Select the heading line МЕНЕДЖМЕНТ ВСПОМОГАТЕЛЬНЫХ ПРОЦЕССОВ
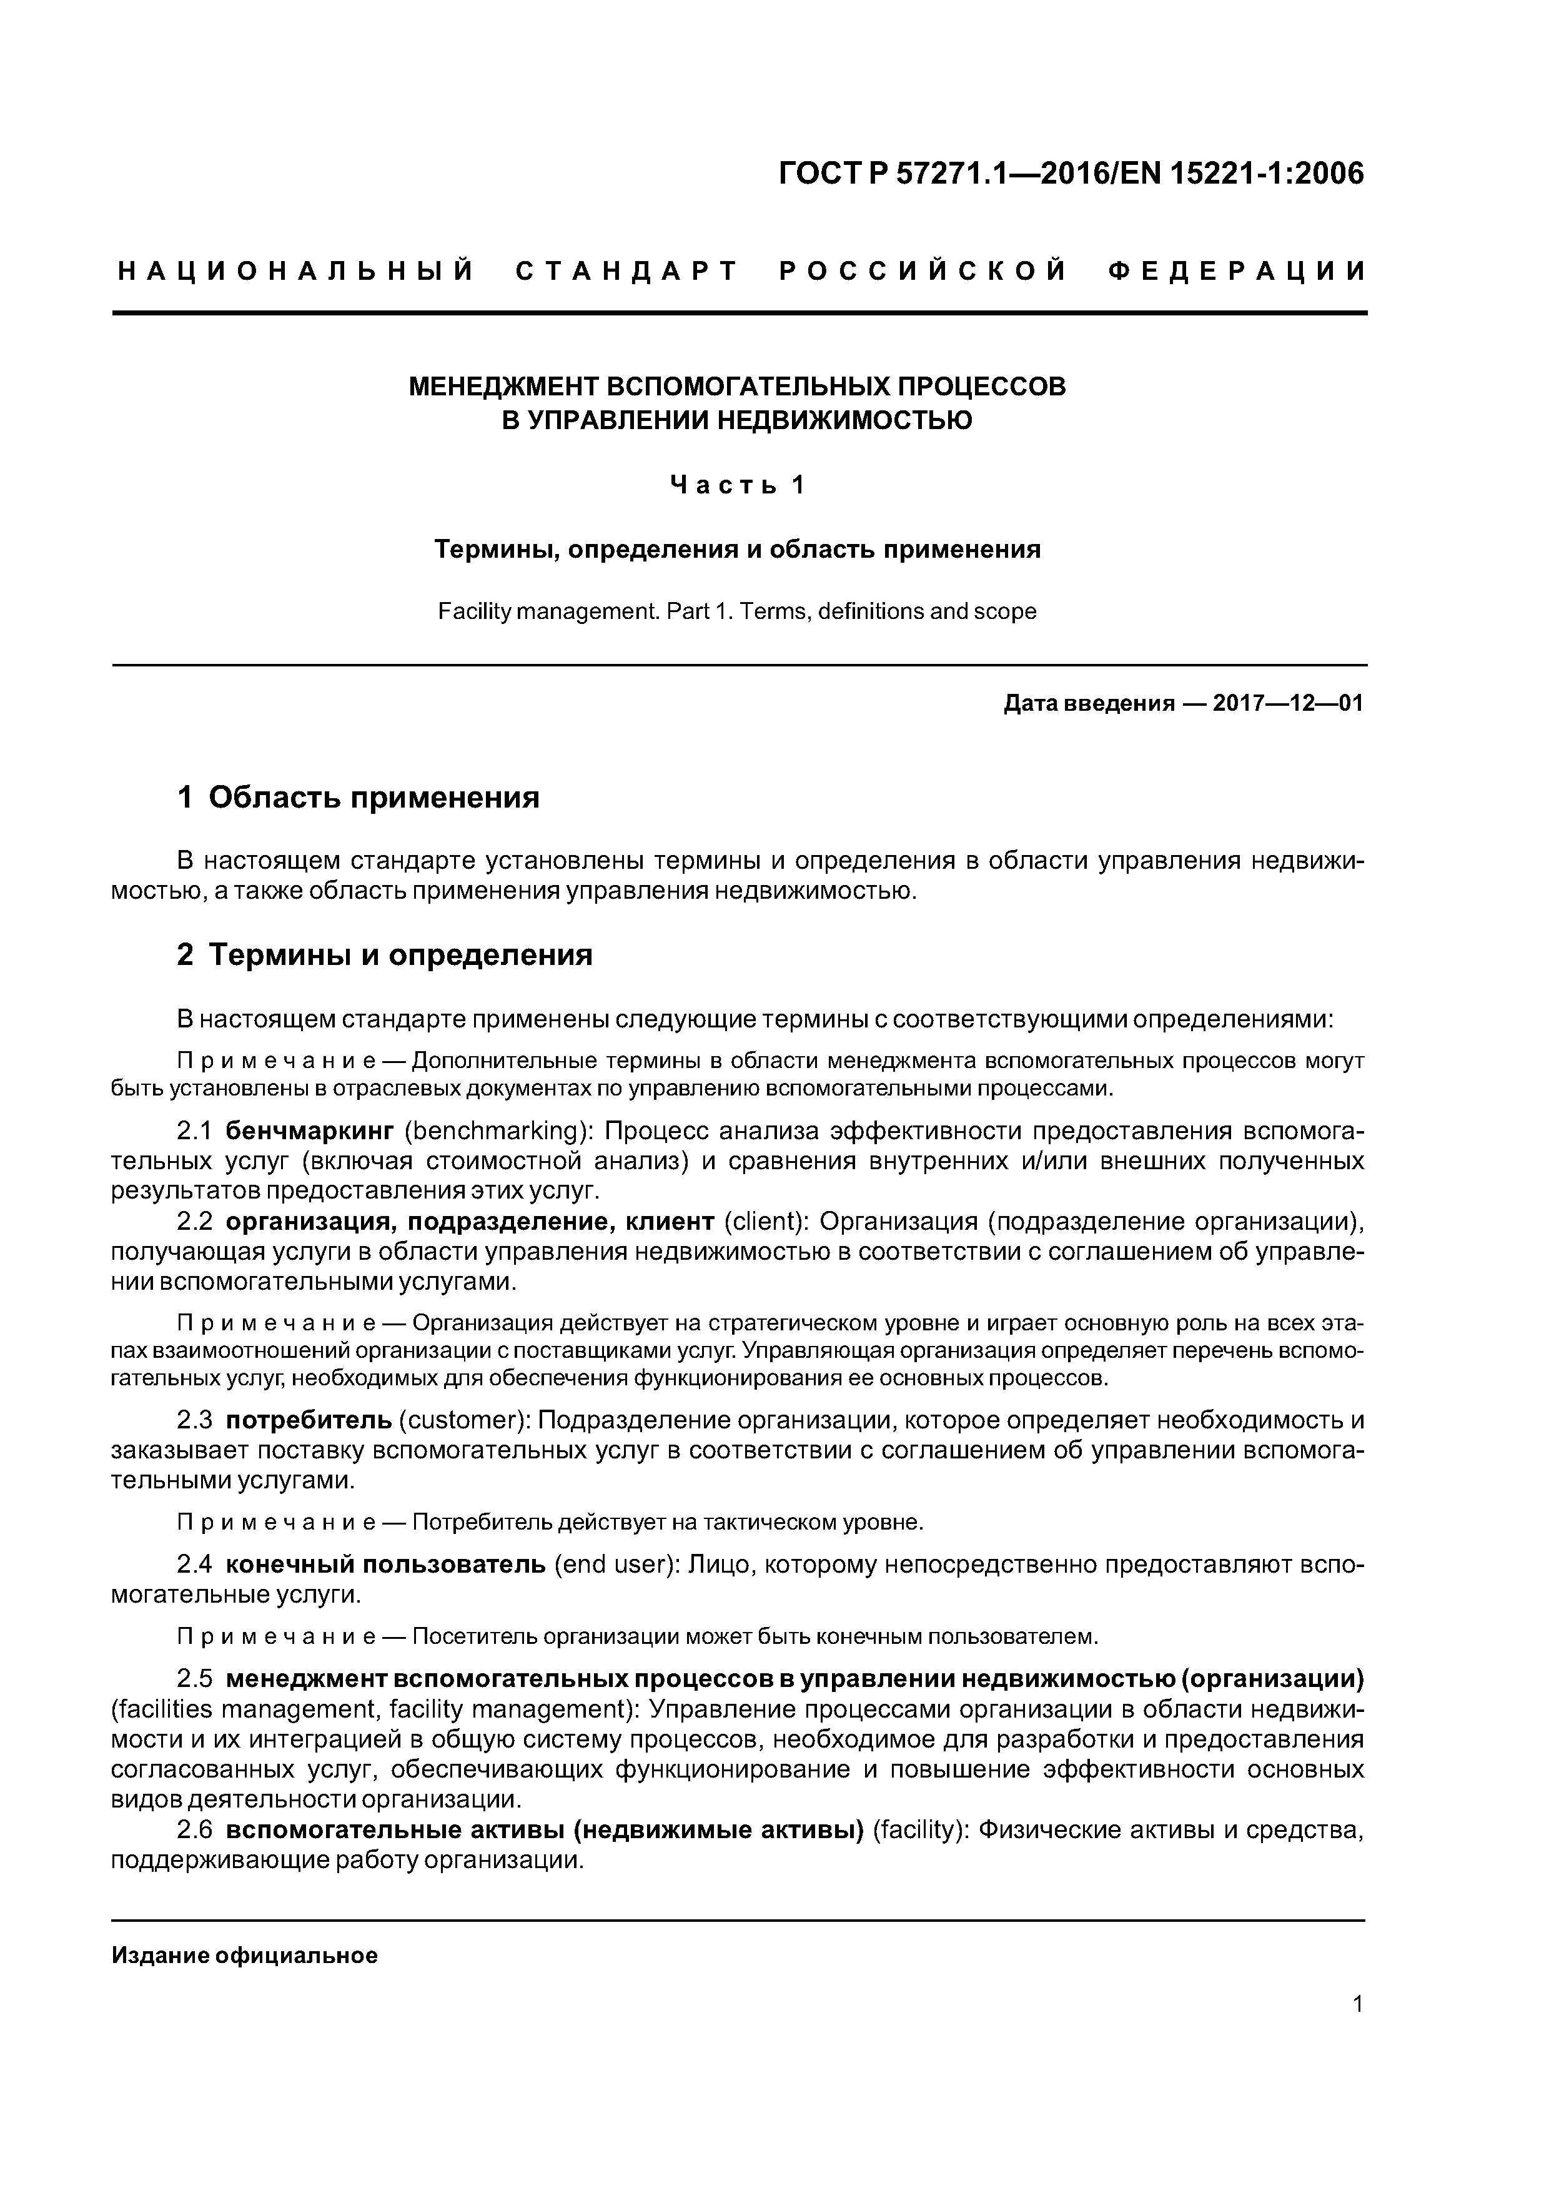(737, 387)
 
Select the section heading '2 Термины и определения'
(385, 954)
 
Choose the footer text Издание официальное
(244, 1956)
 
